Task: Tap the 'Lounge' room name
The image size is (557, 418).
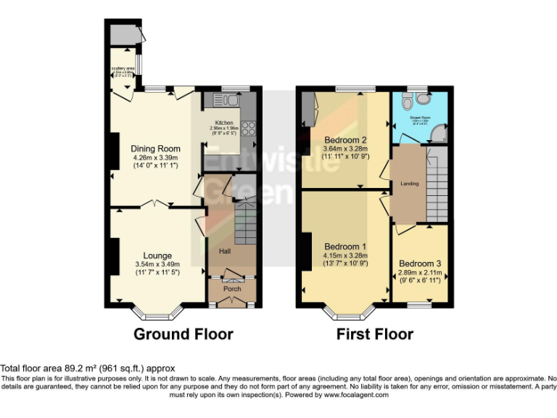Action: point(157,255)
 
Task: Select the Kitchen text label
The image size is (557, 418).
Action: point(223,123)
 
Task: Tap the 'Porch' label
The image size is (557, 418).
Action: point(231,289)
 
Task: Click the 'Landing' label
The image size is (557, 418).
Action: point(409,184)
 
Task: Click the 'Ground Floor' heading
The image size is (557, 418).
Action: point(183,335)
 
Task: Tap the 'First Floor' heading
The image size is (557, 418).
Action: point(374,335)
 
